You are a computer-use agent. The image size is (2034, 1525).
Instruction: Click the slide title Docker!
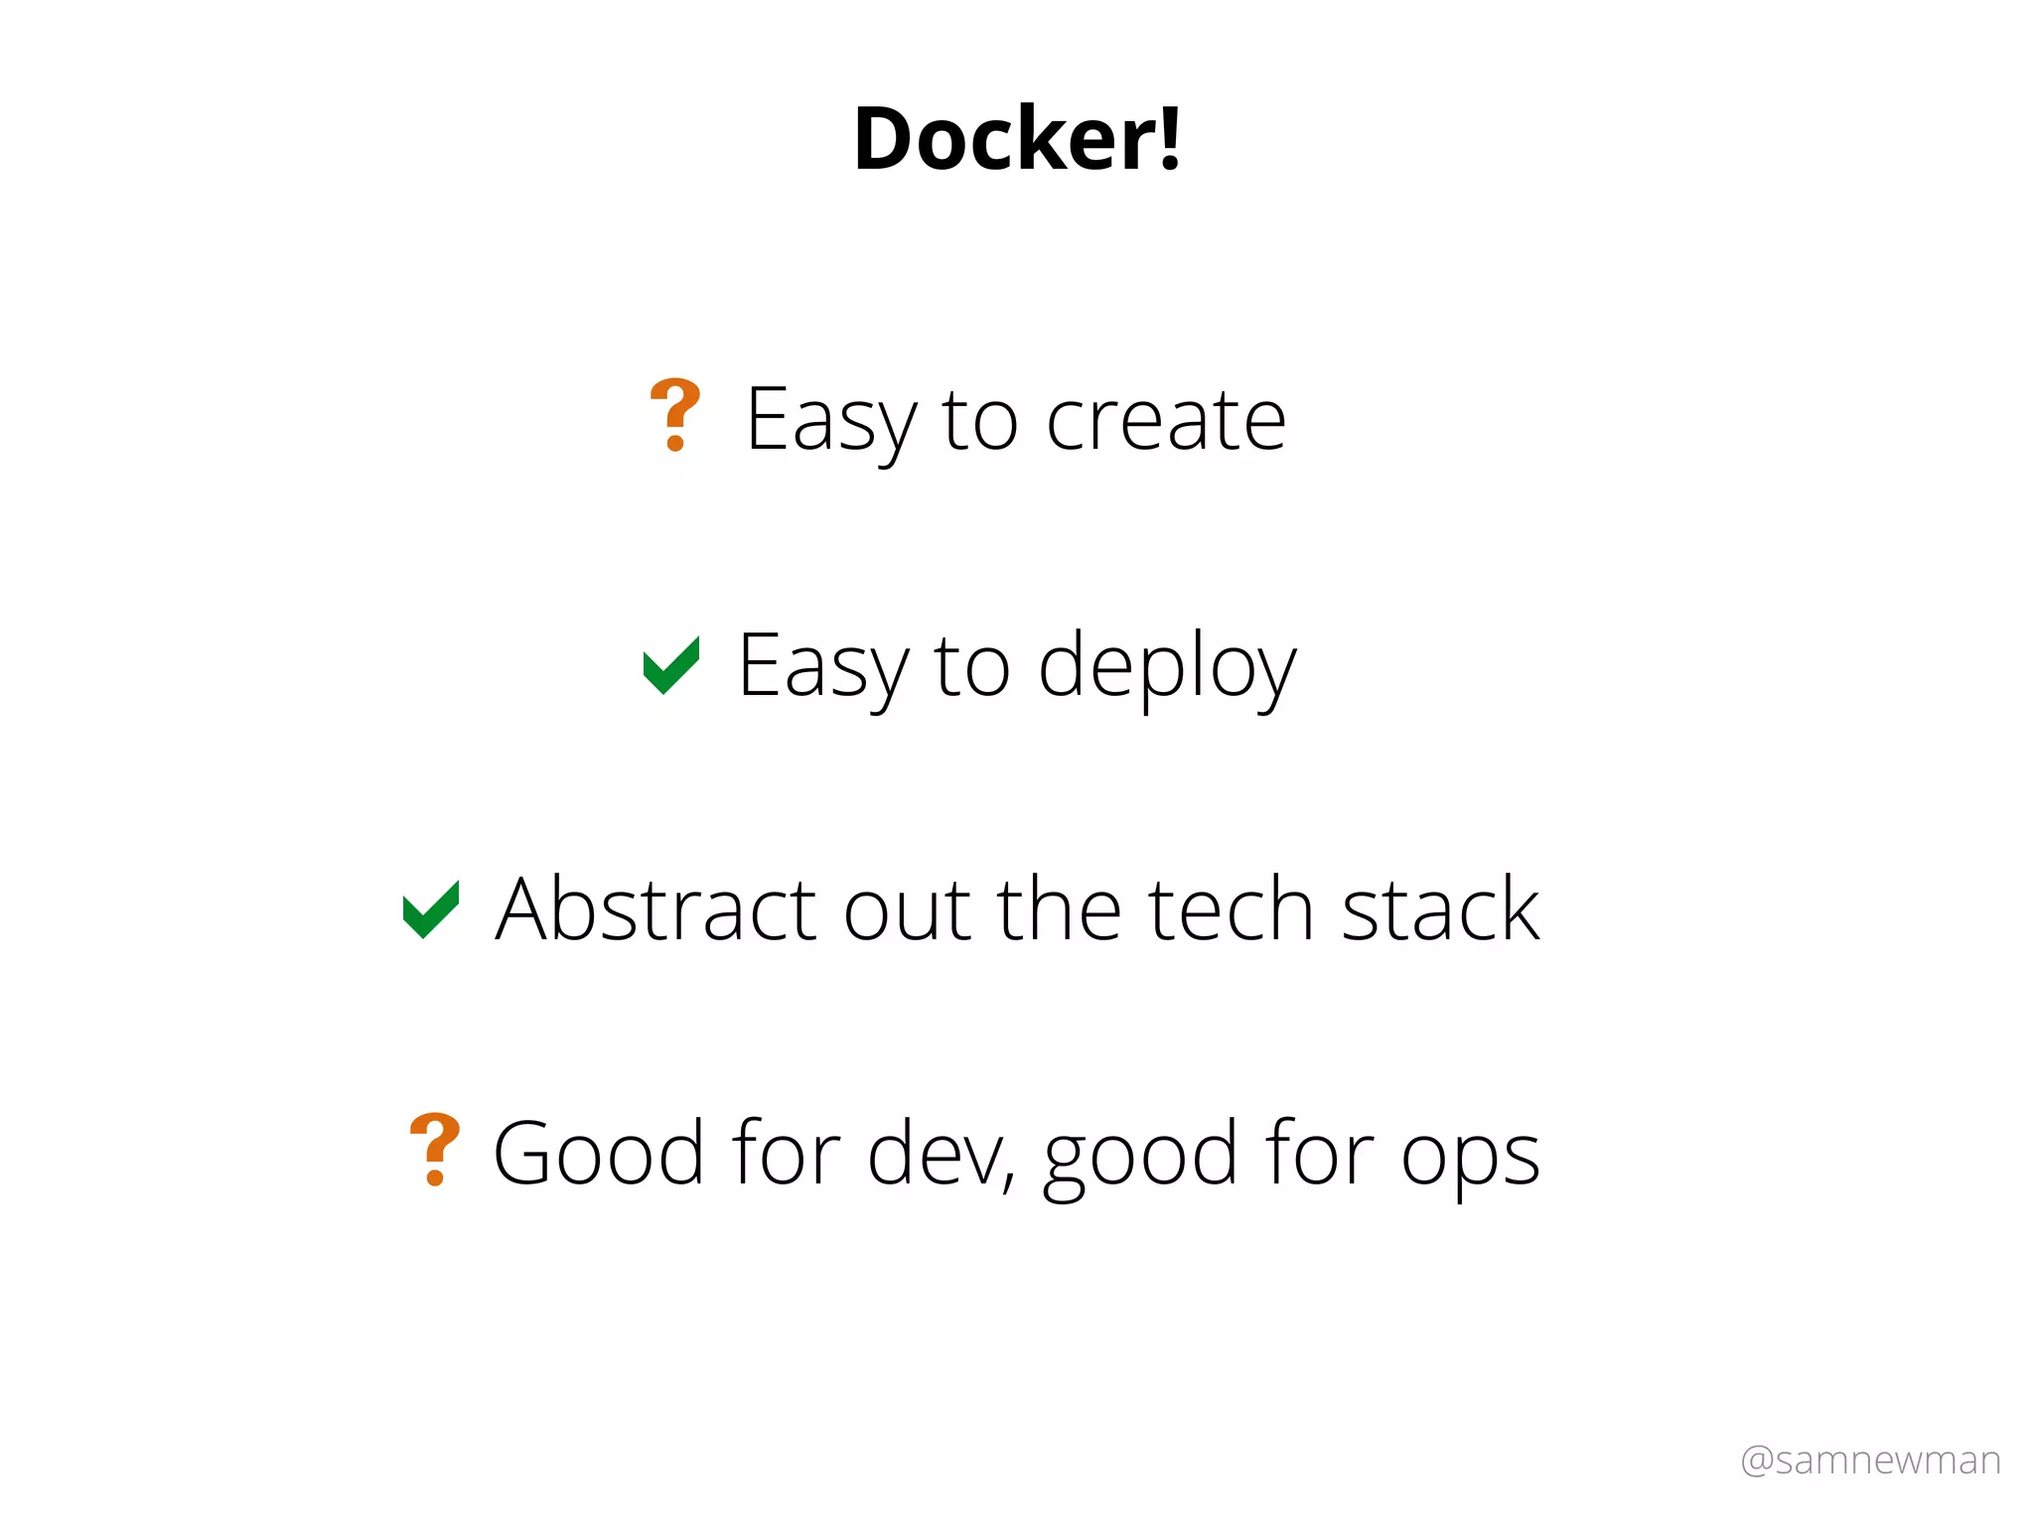[x=1017, y=139]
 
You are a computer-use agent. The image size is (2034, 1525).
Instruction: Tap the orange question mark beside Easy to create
[x=674, y=415]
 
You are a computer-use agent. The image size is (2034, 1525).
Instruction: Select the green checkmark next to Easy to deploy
[x=671, y=664]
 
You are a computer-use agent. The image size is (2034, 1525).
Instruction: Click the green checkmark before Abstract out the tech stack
[x=430, y=908]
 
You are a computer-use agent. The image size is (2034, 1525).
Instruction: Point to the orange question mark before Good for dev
[x=434, y=1150]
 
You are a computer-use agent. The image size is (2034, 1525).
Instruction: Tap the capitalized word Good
[x=599, y=1154]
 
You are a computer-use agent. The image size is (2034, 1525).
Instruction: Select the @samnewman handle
[x=1870, y=1460]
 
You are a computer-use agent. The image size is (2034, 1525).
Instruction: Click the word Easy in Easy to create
[x=831, y=421]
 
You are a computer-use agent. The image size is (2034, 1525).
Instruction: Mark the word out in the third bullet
[x=907, y=911]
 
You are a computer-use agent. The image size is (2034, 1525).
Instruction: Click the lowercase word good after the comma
[x=1140, y=1158]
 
